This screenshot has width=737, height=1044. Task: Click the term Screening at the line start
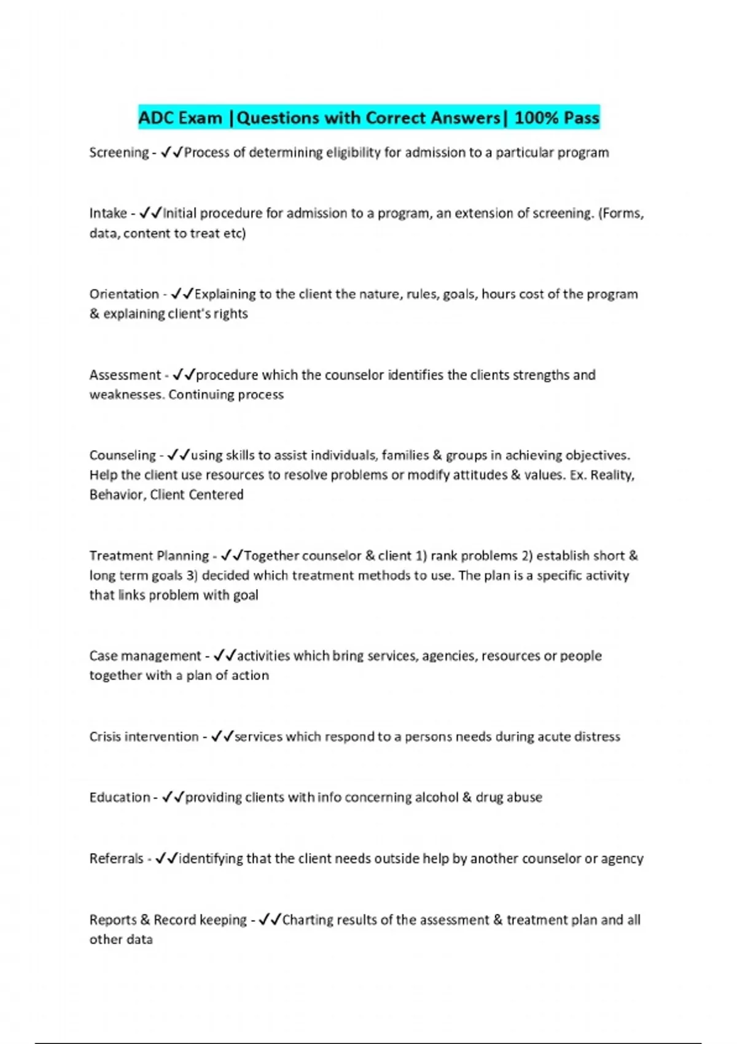[119, 153]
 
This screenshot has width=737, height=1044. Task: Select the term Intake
[108, 214]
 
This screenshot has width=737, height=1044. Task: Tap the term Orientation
[124, 294]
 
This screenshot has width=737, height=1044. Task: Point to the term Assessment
[125, 375]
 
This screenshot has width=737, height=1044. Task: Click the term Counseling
[123, 456]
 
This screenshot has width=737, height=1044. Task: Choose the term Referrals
[116, 859]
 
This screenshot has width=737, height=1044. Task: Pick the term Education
[120, 798]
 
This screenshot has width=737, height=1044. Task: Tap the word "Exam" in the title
[201, 118]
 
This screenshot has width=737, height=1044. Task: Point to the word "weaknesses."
[127, 395]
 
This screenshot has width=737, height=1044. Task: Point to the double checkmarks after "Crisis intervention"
[222, 737]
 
